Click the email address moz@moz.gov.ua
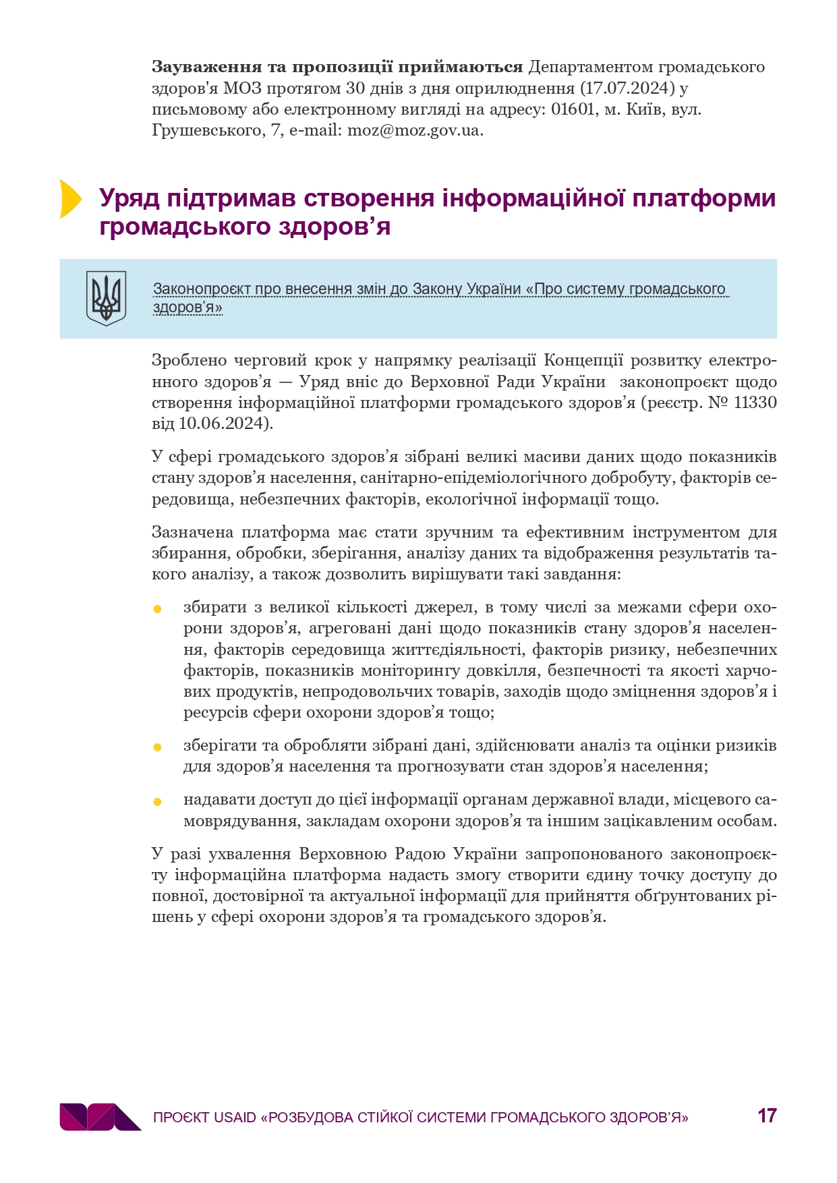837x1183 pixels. coord(414,130)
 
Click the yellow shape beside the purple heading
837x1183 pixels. coord(69,199)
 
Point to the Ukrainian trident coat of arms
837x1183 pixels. coord(107,298)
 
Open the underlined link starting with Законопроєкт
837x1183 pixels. coord(438,290)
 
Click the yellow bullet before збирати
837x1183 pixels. coord(158,609)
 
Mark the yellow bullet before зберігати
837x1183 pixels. coord(158,747)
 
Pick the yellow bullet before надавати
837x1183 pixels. coord(158,802)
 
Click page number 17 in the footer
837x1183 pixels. coord(767,1116)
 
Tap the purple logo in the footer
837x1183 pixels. coord(100,1116)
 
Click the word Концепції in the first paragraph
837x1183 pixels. coord(582,360)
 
